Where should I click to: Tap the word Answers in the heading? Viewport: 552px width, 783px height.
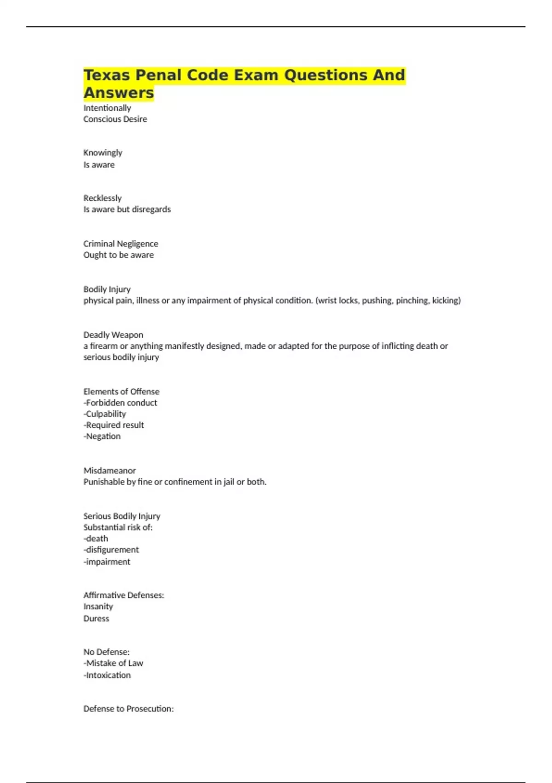click(119, 93)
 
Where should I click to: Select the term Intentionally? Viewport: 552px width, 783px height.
click(107, 108)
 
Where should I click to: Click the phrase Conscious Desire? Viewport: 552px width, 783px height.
click(115, 119)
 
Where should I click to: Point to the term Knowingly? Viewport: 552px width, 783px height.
click(103, 153)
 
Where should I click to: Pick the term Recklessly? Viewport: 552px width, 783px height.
click(102, 198)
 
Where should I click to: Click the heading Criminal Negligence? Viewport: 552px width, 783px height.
click(121, 244)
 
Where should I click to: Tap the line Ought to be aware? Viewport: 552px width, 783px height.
click(118, 255)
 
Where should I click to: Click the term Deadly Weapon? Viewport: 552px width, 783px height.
click(113, 335)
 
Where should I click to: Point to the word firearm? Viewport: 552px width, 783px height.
click(103, 346)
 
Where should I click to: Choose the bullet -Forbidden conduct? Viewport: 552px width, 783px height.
click(120, 403)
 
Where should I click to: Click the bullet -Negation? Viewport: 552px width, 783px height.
click(102, 436)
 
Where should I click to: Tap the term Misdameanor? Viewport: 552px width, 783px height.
click(109, 471)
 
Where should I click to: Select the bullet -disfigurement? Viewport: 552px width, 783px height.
click(111, 550)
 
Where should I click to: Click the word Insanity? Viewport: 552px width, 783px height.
click(98, 607)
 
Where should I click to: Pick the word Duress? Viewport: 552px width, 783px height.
click(96, 619)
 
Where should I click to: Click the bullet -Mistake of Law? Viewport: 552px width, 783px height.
click(113, 663)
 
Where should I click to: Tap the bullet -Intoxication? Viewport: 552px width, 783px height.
click(107, 675)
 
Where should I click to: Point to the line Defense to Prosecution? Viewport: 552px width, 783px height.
click(128, 709)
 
